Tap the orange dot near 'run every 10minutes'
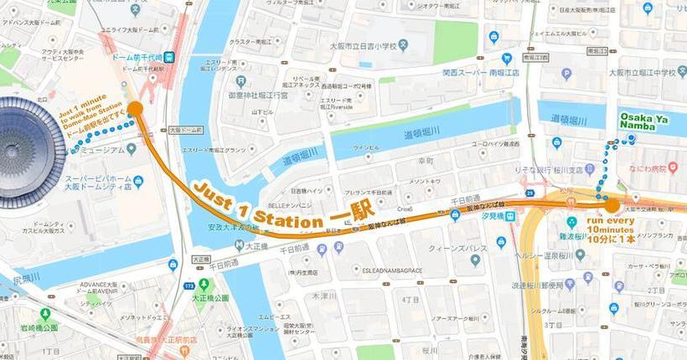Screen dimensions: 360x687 tap(612, 204)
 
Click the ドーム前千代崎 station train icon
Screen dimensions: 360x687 tap(169, 57)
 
